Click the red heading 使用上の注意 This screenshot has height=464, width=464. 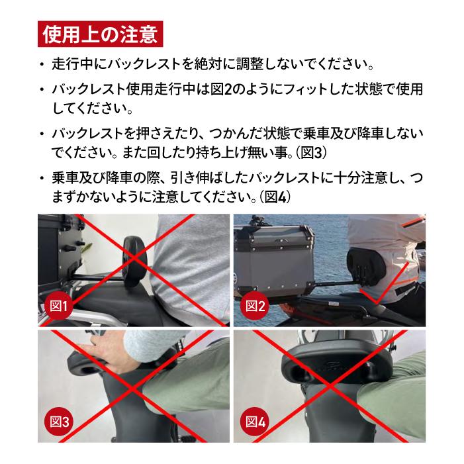click(x=99, y=34)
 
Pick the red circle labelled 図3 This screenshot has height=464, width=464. click(x=61, y=420)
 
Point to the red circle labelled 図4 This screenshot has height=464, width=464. click(x=255, y=420)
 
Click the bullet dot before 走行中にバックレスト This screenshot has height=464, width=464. click(x=42, y=66)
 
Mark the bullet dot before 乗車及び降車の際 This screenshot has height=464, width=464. click(x=42, y=179)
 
